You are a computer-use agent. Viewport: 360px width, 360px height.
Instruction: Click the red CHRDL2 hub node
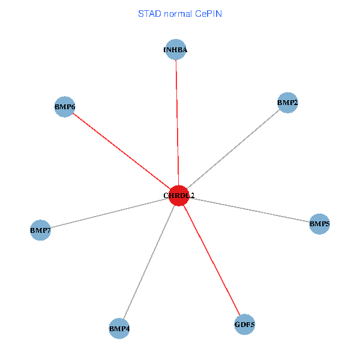click(179, 196)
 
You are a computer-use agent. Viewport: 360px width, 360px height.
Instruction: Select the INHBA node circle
click(176, 50)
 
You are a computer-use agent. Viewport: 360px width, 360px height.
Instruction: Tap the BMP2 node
click(288, 103)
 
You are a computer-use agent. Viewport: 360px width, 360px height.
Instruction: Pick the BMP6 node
click(65, 107)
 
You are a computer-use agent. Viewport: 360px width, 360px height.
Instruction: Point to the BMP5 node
click(320, 224)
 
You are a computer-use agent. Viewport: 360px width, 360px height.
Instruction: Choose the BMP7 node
click(40, 230)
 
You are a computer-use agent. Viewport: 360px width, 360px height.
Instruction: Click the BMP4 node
click(119, 328)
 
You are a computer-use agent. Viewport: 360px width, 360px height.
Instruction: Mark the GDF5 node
click(245, 325)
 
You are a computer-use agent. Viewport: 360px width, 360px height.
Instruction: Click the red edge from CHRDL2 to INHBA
click(177, 120)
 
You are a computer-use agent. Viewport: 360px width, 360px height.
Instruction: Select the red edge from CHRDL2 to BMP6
click(120, 150)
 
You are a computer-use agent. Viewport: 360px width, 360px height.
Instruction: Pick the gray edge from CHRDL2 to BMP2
click(234, 149)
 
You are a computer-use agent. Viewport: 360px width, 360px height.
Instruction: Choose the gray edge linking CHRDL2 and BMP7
click(108, 213)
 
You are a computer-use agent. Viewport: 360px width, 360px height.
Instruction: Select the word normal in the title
click(178, 13)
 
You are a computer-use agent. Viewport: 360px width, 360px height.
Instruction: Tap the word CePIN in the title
click(208, 13)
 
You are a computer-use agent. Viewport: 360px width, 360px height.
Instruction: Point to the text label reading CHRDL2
click(179, 196)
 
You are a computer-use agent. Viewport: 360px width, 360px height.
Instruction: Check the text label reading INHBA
click(176, 50)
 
